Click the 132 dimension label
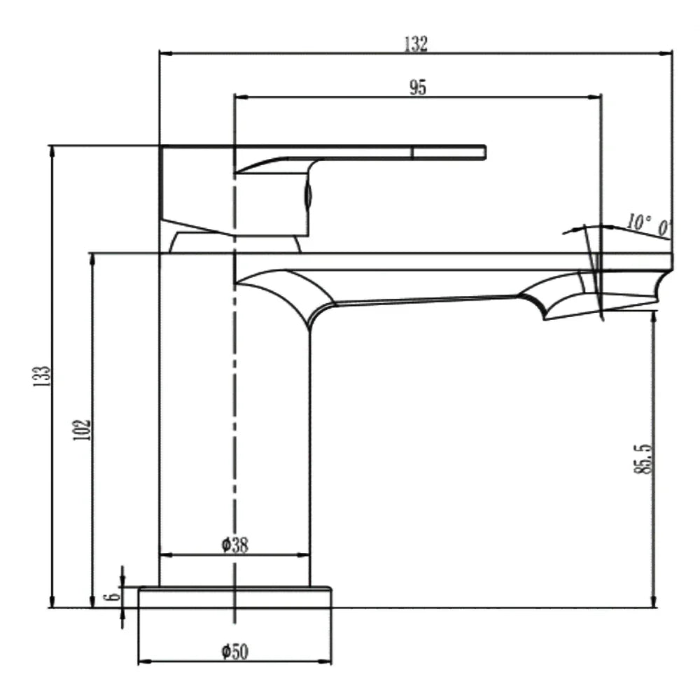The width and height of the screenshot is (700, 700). tap(416, 43)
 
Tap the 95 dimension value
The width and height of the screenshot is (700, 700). tap(418, 87)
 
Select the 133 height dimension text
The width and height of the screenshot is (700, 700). tap(43, 377)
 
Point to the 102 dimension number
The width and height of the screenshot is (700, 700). tap(82, 430)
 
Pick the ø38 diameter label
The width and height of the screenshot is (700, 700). tap(234, 545)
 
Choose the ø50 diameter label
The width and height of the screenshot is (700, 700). tap(234, 652)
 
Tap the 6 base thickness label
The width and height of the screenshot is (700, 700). tap(113, 596)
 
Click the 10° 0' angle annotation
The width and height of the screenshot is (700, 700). tap(647, 225)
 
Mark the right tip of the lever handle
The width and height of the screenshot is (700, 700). tap(485, 152)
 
